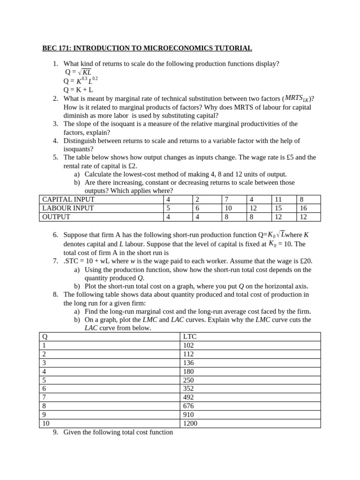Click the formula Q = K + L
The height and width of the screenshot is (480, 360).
tap(78, 90)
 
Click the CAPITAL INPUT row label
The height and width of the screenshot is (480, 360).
tap(69, 199)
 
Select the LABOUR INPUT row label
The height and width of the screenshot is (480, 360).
tap(68, 208)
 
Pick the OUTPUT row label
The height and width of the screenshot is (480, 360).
tap(56, 217)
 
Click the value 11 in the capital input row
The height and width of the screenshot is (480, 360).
tap(278, 199)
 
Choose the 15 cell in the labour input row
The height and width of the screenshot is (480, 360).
tap(278, 208)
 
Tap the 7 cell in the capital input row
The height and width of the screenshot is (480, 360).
tap(226, 199)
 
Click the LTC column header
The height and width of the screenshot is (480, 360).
tap(190, 337)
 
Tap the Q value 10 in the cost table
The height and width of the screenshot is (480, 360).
tap(45, 423)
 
